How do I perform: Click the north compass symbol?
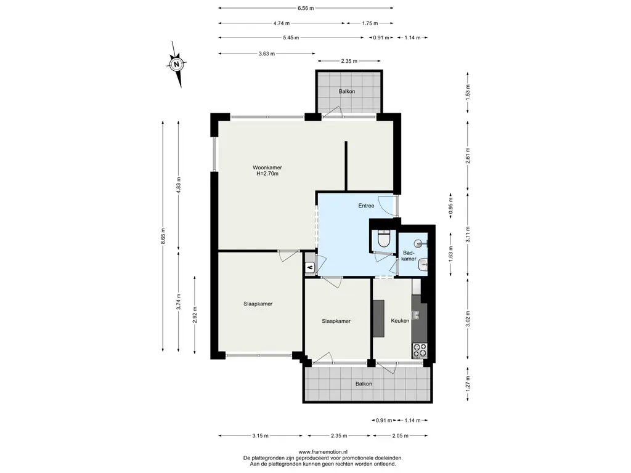pyautogui.click(x=177, y=64)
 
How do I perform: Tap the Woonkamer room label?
pyautogui.click(x=267, y=168)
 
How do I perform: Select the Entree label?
pyautogui.click(x=366, y=206)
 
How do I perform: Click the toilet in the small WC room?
pyautogui.click(x=383, y=240)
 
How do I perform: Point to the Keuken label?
pyautogui.click(x=400, y=320)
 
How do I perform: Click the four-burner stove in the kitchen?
pyautogui.click(x=420, y=350)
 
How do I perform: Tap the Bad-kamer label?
pyautogui.click(x=409, y=256)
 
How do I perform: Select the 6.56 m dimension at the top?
pyautogui.click(x=306, y=7)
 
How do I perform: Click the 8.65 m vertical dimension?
pyautogui.click(x=163, y=236)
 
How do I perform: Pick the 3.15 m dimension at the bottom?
pyautogui.click(x=261, y=435)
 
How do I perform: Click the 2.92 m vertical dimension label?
pyautogui.click(x=195, y=315)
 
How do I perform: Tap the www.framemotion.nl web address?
pyautogui.click(x=323, y=452)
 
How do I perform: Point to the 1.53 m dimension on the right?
pyautogui.click(x=467, y=92)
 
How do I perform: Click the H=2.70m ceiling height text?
pyautogui.click(x=267, y=174)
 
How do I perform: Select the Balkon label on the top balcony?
pyautogui.click(x=347, y=91)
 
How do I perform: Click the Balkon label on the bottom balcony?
pyautogui.click(x=364, y=384)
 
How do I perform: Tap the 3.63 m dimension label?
pyautogui.click(x=267, y=54)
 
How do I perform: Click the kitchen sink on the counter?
pyautogui.click(x=415, y=314)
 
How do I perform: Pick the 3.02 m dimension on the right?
pyautogui.click(x=467, y=318)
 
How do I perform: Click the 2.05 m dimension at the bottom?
pyautogui.click(x=400, y=435)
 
